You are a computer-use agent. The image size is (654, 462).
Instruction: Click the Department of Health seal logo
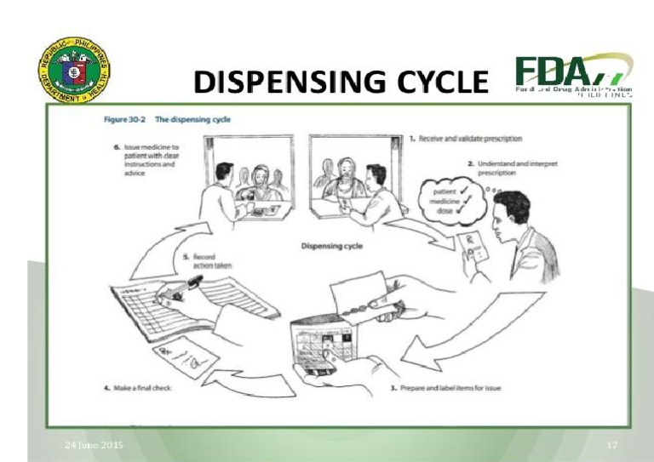point(73,74)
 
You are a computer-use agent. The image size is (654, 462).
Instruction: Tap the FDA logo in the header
point(571,76)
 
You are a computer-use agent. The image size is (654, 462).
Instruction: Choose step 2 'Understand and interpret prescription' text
point(511,168)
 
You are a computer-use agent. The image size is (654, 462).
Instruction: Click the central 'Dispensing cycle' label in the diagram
point(335,246)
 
